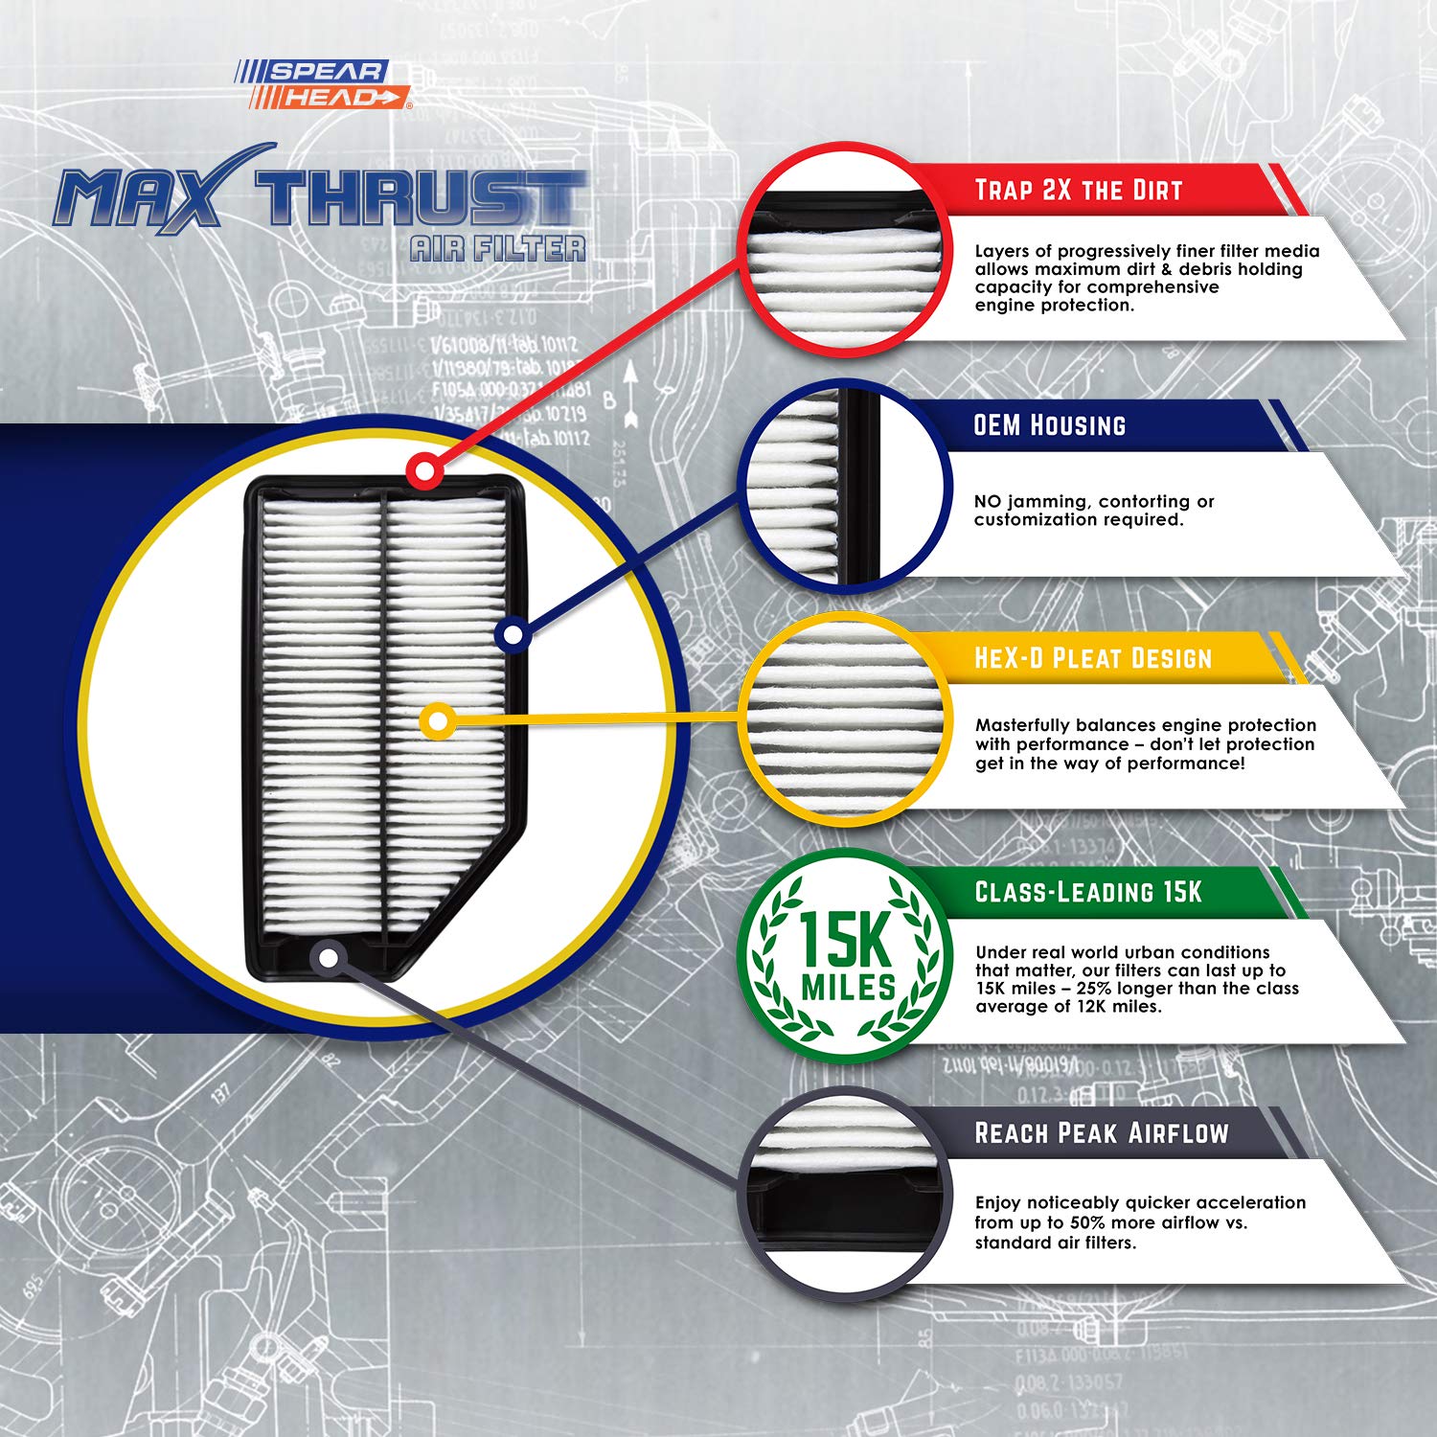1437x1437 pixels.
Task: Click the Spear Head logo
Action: [x=324, y=84]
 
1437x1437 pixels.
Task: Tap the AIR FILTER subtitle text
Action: [x=497, y=249]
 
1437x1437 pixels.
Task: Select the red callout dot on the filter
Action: [x=423, y=470]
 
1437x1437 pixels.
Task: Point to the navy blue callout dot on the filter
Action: [x=513, y=634]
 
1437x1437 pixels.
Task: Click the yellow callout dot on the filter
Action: [x=437, y=720]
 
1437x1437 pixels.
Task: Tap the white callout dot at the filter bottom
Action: [x=329, y=956]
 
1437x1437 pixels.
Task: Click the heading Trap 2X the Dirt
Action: [x=1078, y=190]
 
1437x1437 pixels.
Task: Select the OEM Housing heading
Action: [x=1049, y=425]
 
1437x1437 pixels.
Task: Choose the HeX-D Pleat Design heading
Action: [x=1092, y=658]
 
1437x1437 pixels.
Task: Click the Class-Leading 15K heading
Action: [x=1087, y=892]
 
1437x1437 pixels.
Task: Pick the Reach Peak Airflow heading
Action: [x=1101, y=1133]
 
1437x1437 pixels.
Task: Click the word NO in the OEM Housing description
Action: [x=987, y=501]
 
